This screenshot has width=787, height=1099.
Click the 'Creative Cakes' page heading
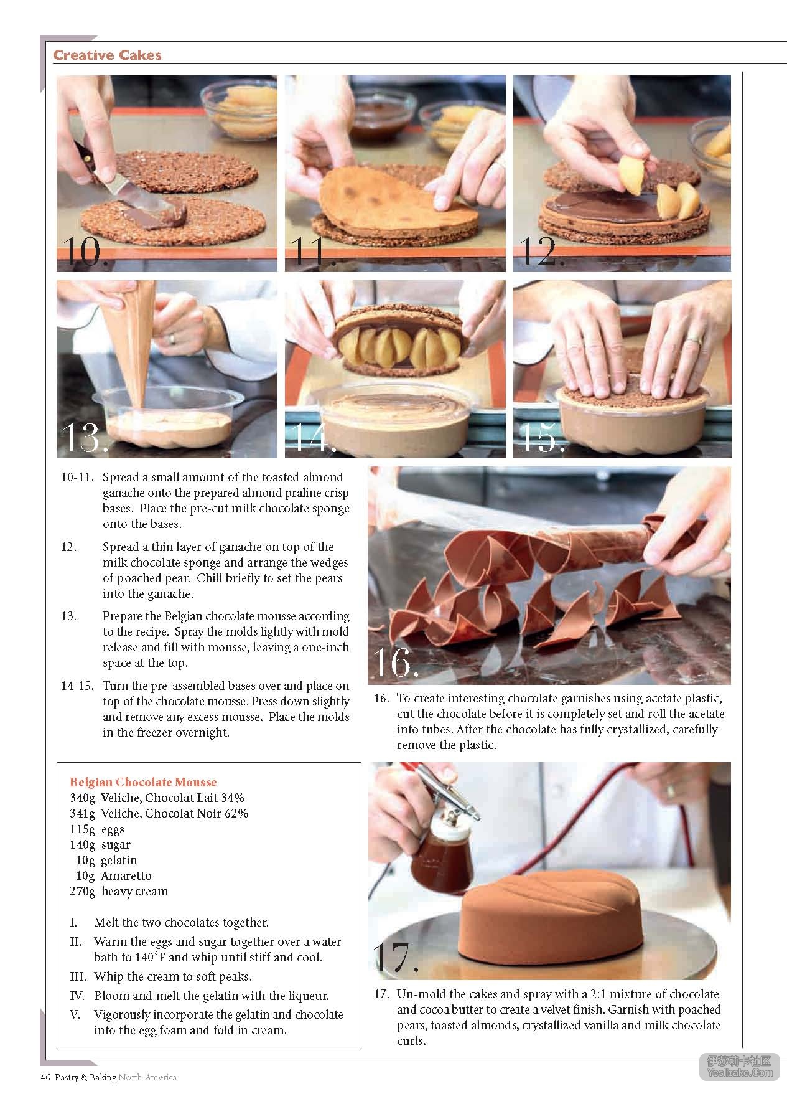tap(107, 55)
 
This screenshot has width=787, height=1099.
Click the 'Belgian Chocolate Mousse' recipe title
tap(143, 782)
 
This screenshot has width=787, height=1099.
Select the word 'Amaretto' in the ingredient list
tap(126, 875)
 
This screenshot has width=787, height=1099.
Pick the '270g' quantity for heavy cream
tap(82, 891)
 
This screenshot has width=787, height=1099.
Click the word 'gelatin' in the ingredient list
tap(119, 860)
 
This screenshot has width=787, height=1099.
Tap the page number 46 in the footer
tap(45, 1077)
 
